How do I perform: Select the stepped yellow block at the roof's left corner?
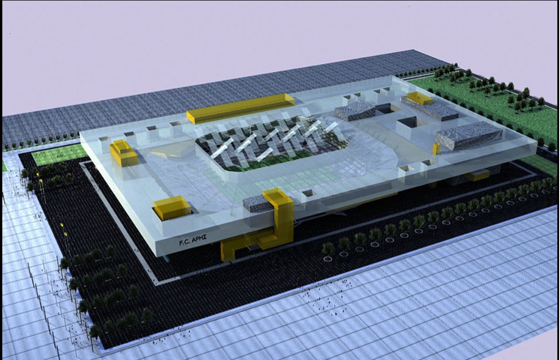[123, 153]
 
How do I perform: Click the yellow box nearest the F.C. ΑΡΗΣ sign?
[173, 208]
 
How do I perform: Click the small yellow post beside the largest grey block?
[436, 149]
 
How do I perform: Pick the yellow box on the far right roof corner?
[420, 98]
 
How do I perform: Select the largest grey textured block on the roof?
[469, 135]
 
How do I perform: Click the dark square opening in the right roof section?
[407, 122]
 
